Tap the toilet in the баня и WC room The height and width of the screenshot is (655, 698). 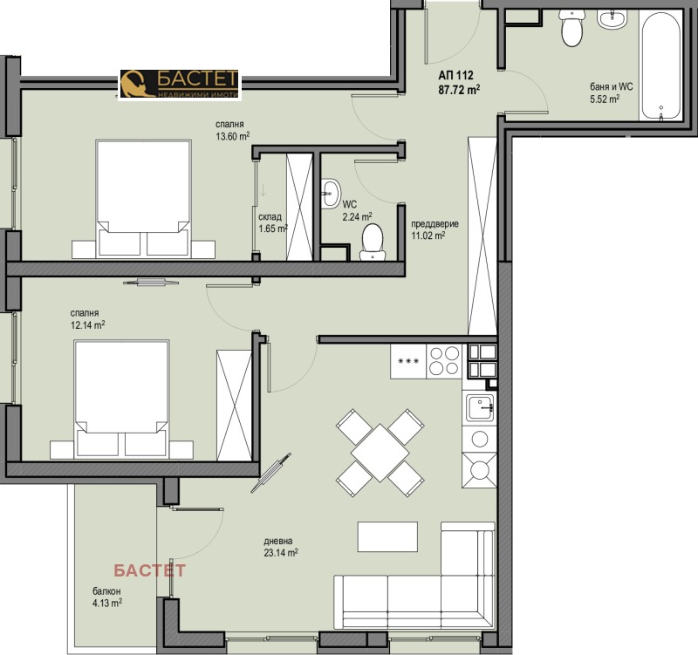coord(571,28)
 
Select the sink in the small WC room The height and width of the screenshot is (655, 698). coord(330,193)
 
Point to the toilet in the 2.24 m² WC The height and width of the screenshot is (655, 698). coord(373,242)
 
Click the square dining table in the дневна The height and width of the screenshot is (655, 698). coord(380,453)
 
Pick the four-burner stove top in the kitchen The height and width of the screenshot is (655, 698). coord(444,361)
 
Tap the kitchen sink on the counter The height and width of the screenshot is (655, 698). coord(480,407)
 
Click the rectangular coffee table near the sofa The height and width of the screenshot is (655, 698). coord(387,536)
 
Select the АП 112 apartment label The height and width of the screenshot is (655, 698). coord(455,76)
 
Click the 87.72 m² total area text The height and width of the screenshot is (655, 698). coord(459,90)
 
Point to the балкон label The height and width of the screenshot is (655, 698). coord(106,591)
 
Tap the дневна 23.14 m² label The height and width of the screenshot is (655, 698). coord(280,548)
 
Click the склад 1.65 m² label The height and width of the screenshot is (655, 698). coord(273,223)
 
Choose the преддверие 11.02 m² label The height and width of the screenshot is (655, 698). coord(435,229)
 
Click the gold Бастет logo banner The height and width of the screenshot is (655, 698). coord(180,85)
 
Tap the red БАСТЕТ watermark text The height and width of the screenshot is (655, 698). coord(149,570)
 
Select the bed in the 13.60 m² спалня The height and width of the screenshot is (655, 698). coord(144,199)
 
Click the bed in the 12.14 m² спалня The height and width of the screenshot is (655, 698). coord(122,399)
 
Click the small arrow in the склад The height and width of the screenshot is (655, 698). coord(263,190)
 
